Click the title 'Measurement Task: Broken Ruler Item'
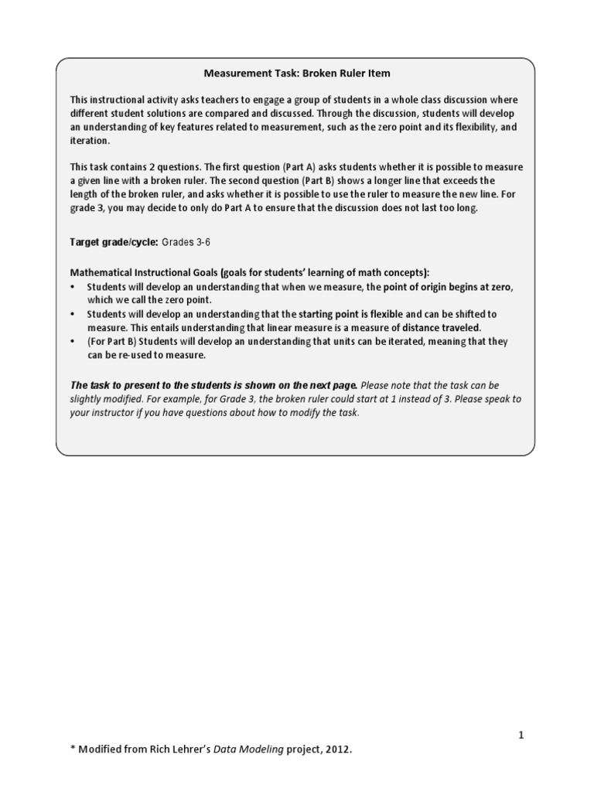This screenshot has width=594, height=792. (x=297, y=73)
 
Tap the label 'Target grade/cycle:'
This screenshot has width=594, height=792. (x=114, y=242)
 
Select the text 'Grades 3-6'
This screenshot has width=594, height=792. (x=186, y=242)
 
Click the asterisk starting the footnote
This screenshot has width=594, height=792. (x=73, y=748)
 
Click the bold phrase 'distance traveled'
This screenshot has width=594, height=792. (x=439, y=327)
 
